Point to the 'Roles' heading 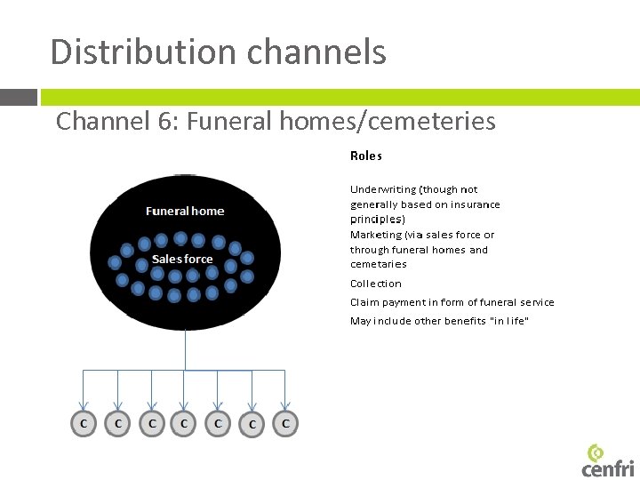click(x=365, y=156)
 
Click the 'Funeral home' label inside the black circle click(x=185, y=211)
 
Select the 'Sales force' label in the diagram click(x=182, y=259)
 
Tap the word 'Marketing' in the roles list click(x=375, y=235)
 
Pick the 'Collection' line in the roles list click(x=375, y=284)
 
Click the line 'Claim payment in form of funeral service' click(x=452, y=302)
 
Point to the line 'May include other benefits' click(x=439, y=321)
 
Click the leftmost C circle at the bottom click(x=84, y=424)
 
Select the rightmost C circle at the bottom click(x=284, y=424)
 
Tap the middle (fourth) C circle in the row click(x=184, y=424)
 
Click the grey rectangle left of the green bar click(x=18, y=97)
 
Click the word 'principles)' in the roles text click(x=377, y=219)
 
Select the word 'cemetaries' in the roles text click(x=378, y=264)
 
